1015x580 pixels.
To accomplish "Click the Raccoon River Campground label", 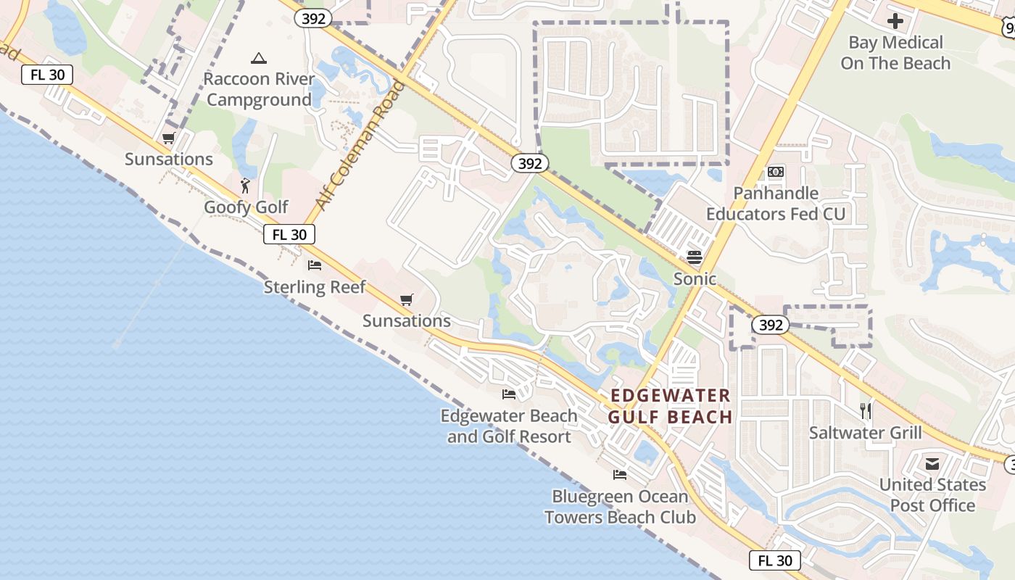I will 259,89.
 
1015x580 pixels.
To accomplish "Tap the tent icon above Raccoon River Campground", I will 259,58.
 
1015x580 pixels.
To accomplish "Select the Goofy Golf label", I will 246,207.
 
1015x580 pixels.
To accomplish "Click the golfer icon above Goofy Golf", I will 245,186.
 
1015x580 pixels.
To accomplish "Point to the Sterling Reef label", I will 315,287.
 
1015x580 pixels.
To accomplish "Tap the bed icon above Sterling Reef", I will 315,265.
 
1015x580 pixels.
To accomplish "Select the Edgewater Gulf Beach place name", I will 670,406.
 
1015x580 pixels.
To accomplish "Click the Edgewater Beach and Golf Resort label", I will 509,426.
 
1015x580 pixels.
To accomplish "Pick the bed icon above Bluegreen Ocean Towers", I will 620,475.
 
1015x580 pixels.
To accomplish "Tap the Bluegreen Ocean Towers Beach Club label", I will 620,507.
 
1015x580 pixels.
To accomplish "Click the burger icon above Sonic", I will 695,257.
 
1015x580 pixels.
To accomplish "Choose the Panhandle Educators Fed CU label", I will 776,204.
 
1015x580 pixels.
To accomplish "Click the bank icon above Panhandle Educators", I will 776,172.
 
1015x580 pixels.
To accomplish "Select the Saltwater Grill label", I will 866,434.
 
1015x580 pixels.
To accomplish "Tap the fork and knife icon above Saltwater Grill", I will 866,411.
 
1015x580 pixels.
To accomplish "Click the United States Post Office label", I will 932,495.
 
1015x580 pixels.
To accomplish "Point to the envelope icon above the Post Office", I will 932,463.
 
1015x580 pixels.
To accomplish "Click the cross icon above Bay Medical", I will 895,21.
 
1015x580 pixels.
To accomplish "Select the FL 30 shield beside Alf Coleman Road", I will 289,234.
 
